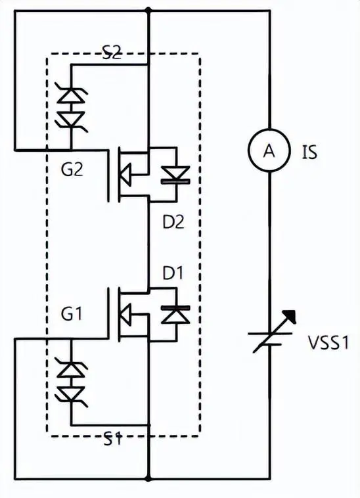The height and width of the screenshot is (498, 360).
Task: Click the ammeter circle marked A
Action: point(269,152)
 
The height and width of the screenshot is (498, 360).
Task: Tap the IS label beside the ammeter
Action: point(310,152)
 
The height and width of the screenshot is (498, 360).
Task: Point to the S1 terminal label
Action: point(112,440)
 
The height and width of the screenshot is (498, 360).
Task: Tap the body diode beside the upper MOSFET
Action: point(175,174)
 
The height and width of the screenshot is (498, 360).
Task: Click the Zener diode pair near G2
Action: point(71,108)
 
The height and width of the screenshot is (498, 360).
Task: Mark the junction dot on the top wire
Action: point(150,10)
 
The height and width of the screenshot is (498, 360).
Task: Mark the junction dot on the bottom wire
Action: point(150,478)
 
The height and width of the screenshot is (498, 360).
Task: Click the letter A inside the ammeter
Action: point(269,152)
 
